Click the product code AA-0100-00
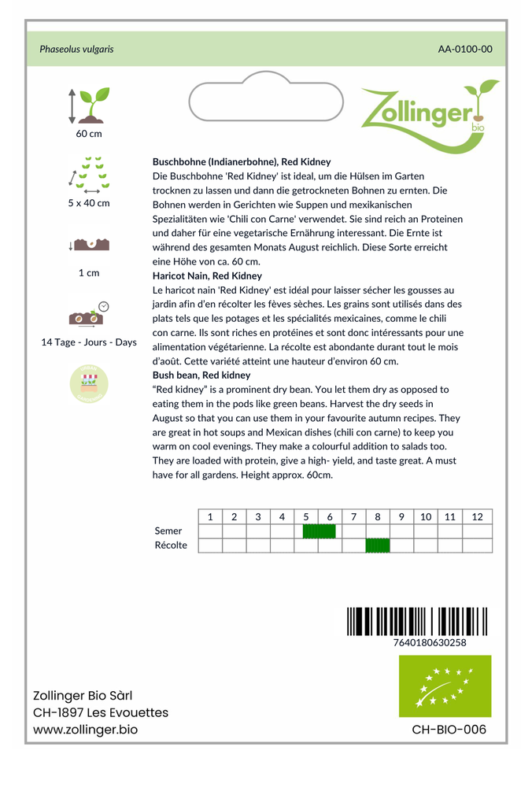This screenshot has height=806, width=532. (x=465, y=49)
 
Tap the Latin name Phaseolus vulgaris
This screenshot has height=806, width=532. (x=76, y=49)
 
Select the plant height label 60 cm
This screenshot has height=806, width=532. (x=89, y=134)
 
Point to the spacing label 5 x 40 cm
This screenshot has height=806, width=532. (x=89, y=203)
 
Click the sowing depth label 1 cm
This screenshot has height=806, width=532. (x=89, y=273)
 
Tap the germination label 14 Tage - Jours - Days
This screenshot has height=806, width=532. (x=89, y=342)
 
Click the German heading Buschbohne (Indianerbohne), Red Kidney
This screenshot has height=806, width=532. (x=242, y=161)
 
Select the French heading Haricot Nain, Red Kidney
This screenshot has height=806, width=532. (x=207, y=276)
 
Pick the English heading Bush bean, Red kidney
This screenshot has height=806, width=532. (x=201, y=375)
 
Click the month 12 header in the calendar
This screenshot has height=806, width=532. (x=477, y=517)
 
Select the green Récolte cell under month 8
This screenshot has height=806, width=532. (x=378, y=545)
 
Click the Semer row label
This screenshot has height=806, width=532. (x=168, y=531)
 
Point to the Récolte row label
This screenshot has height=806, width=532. (x=171, y=545)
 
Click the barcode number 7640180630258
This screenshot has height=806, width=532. (x=429, y=642)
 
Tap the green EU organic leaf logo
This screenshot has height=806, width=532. (x=445, y=686)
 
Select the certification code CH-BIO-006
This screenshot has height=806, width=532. (x=449, y=730)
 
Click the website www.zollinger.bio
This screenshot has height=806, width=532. (x=85, y=730)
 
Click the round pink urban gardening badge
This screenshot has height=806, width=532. (x=89, y=383)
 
